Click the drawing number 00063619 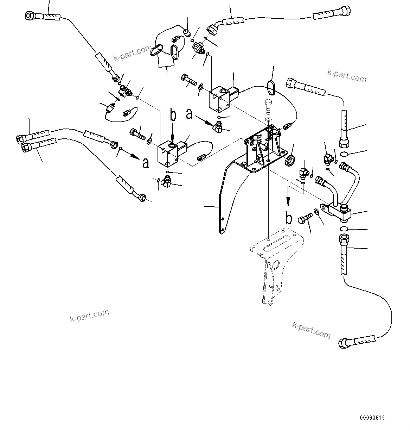(372, 418)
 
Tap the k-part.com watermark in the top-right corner (346, 75)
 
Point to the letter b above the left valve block (173, 115)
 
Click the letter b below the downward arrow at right (288, 218)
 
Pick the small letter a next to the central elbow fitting (190, 114)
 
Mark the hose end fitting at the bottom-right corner (345, 343)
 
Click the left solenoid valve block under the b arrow (168, 154)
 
